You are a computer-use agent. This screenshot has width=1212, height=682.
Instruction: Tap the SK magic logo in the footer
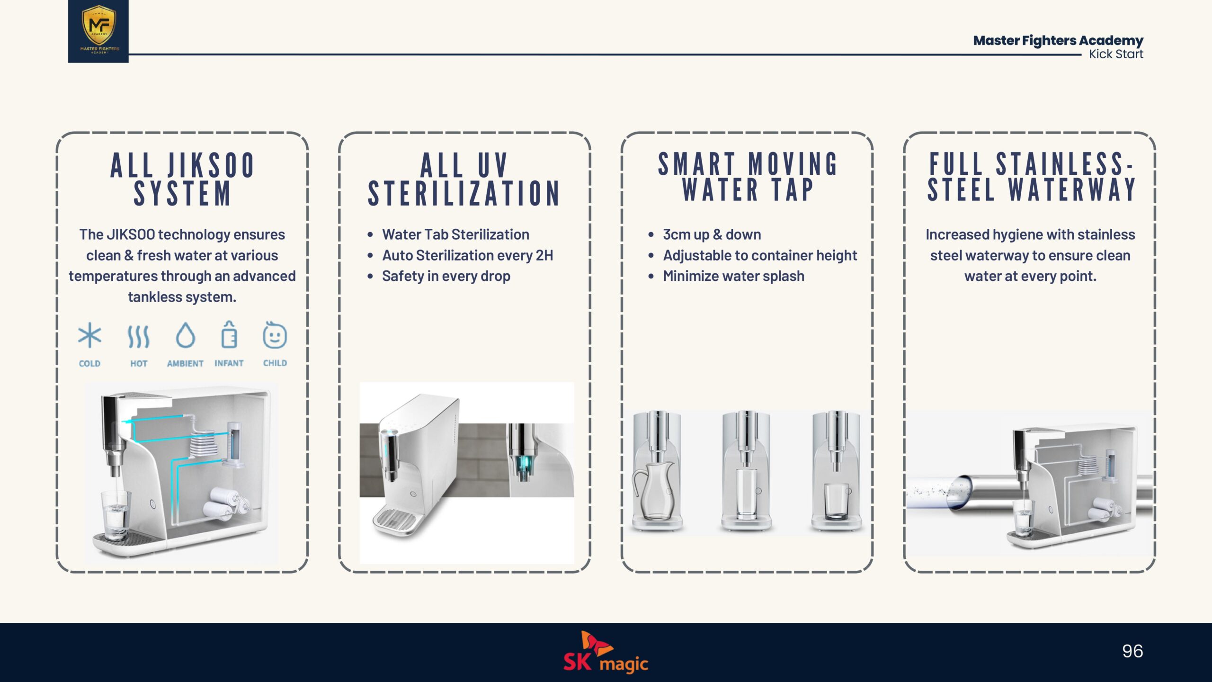pyautogui.click(x=606, y=652)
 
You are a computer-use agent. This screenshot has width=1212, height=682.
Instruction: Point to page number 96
pyautogui.click(x=1132, y=651)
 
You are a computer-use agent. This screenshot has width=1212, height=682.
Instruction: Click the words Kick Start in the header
pyautogui.click(x=1116, y=54)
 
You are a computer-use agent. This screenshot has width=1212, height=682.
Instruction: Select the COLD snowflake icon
pyautogui.click(x=89, y=335)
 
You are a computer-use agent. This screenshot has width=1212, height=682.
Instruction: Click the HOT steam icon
pyautogui.click(x=139, y=336)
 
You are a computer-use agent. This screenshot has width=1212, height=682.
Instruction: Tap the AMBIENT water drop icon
pyautogui.click(x=185, y=335)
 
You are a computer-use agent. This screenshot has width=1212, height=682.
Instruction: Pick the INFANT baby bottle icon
pyautogui.click(x=229, y=334)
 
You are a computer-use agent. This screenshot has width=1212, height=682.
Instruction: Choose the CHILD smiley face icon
pyautogui.click(x=275, y=335)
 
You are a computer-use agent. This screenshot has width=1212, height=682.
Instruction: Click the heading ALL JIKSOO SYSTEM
pyautogui.click(x=182, y=179)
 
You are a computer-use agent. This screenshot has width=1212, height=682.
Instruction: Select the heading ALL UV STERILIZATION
pyautogui.click(x=464, y=179)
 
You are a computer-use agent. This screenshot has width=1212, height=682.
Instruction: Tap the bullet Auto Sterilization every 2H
pyautogui.click(x=468, y=255)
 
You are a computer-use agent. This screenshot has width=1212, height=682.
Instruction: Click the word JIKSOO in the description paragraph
pyautogui.click(x=131, y=234)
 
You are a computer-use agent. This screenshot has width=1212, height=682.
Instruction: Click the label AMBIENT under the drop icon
pyautogui.click(x=185, y=363)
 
